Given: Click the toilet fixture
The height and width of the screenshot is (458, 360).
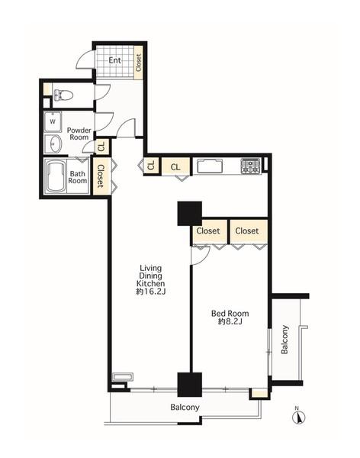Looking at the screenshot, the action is (63, 95).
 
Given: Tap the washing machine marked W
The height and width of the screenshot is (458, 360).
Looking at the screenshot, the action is (53, 122).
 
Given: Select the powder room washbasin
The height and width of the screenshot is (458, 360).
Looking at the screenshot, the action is (53, 144).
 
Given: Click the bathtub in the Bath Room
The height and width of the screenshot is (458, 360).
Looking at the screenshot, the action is (56, 176).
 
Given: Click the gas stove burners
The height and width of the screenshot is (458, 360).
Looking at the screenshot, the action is (250, 166).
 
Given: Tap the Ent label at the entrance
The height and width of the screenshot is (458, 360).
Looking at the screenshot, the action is (114, 60).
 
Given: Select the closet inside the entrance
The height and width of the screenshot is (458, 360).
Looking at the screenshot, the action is (139, 63).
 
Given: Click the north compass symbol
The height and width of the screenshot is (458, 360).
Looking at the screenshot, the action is (298, 417).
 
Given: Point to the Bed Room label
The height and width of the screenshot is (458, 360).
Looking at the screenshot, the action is (230, 314).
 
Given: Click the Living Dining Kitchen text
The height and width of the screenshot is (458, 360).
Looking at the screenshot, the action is (151, 276).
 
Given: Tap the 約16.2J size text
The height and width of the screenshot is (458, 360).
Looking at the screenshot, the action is (151, 292).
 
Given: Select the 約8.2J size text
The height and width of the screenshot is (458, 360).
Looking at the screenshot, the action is (230, 321).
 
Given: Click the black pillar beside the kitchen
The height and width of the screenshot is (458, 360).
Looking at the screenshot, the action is (189, 214).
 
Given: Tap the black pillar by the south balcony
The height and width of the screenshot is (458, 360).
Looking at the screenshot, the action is (190, 385).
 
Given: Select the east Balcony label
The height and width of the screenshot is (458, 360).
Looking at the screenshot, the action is (284, 340).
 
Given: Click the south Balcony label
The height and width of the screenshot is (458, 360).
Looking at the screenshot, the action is (185, 407).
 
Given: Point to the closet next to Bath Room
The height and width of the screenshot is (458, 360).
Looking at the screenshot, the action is (101, 176).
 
